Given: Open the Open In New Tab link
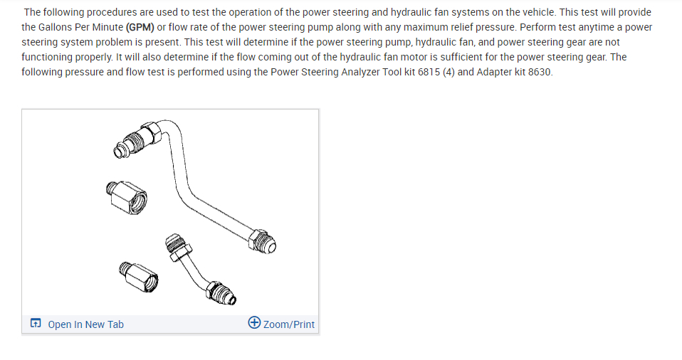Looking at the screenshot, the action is pyautogui.click(x=85, y=324).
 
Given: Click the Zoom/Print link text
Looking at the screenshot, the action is pyautogui.click(x=288, y=324).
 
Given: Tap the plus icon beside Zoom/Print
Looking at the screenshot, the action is pyautogui.click(x=254, y=324).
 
